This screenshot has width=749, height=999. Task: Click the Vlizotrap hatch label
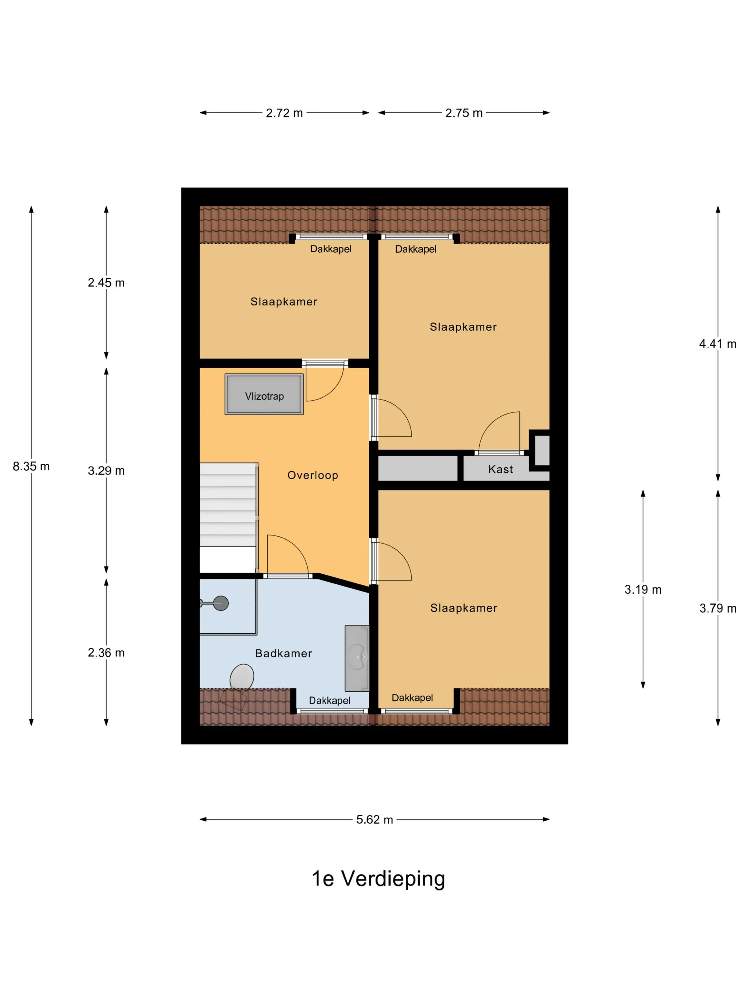pyautogui.click(x=264, y=396)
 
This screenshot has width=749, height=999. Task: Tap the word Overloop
pyautogui.click(x=312, y=475)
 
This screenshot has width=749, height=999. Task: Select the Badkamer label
pyautogui.click(x=284, y=654)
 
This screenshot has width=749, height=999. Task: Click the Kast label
pyautogui.click(x=500, y=469)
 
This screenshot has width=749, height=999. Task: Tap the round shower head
pyautogui.click(x=221, y=603)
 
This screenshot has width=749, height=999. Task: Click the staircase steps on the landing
pyautogui.click(x=228, y=504)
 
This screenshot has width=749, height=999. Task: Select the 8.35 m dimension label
pyautogui.click(x=31, y=466)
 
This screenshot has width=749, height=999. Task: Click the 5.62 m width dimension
pyautogui.click(x=374, y=819)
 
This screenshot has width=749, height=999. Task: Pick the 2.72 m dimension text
pyautogui.click(x=284, y=113)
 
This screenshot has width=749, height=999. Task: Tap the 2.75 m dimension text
pyautogui.click(x=464, y=113)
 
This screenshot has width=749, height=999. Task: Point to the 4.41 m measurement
pyautogui.click(x=717, y=344)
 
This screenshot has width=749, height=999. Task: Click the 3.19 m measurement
pyautogui.click(x=642, y=589)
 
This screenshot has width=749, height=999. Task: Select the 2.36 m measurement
pyautogui.click(x=106, y=653)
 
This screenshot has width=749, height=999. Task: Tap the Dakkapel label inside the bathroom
pyautogui.click(x=329, y=700)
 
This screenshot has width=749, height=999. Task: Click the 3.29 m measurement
pyautogui.click(x=106, y=471)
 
